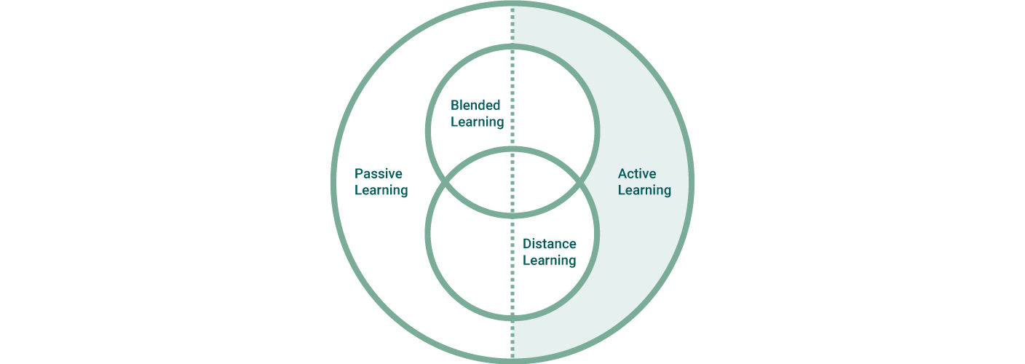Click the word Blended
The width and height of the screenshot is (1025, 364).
point(475,106)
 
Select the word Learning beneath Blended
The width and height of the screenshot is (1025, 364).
point(477,122)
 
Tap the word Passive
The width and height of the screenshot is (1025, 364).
point(378,174)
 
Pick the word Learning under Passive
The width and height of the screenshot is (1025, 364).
point(381,191)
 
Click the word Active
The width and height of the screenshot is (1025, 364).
point(637,174)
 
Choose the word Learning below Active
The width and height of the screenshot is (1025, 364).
point(644,191)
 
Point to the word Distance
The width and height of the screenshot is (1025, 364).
point(550,244)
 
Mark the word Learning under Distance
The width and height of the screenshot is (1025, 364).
point(550,261)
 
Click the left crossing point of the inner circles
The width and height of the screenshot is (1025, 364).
point(443,181)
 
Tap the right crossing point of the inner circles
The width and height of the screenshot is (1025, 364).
point(582,181)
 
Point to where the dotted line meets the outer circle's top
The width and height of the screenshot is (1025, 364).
point(512,6)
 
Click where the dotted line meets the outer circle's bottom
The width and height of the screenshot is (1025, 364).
point(512,358)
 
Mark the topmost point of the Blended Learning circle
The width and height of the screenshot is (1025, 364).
point(512,47)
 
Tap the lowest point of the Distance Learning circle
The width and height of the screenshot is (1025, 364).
point(512,317)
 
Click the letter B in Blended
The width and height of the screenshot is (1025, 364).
point(455,106)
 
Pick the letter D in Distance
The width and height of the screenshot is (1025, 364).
point(527,244)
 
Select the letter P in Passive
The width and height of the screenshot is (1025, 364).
point(358,174)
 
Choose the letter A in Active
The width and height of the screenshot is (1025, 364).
point(622,174)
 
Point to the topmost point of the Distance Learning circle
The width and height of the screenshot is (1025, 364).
point(512,150)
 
